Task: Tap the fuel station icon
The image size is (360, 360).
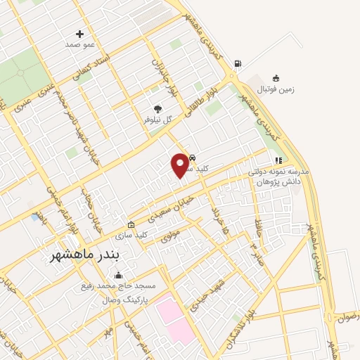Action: click(237, 64)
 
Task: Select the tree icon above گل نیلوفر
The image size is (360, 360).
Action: click(157, 109)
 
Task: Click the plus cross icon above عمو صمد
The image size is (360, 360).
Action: click(79, 34)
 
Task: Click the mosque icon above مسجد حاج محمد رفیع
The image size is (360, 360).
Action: click(116, 276)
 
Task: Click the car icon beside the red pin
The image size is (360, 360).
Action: click(193, 157)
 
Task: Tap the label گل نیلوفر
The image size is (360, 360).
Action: click(158, 120)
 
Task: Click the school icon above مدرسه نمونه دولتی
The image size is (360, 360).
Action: click(278, 160)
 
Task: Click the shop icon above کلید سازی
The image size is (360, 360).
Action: click(130, 224)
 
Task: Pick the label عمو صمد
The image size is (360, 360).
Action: click(79, 45)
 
